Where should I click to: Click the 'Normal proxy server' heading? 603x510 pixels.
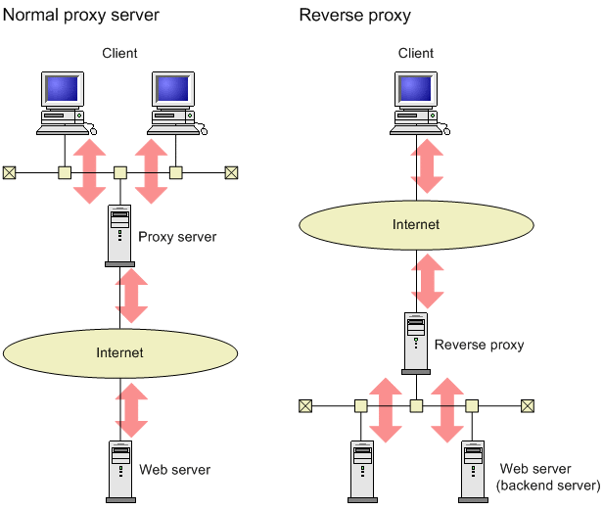tap(81, 16)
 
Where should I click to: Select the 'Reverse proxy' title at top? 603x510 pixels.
tap(354, 16)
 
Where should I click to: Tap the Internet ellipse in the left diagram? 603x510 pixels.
tap(119, 352)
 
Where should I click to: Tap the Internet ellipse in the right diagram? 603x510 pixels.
tap(416, 224)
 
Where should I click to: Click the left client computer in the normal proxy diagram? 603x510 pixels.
tap(65, 102)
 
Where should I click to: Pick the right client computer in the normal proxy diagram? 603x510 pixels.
tap(177, 102)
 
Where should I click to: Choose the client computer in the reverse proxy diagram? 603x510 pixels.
tap(416, 102)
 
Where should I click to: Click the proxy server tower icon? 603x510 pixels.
tap(119, 236)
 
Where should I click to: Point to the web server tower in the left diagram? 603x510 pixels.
tap(119, 471)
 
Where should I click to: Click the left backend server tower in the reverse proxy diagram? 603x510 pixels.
tap(361, 471)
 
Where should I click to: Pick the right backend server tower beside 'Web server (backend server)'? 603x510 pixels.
tap(474, 471)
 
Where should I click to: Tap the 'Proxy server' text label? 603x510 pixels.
tap(177, 237)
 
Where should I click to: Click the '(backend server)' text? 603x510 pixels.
tap(548, 486)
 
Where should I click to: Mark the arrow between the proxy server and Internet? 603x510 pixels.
tap(132, 297)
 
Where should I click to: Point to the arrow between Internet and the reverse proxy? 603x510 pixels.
tap(429, 281)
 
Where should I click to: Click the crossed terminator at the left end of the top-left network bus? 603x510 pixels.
tap(9, 172)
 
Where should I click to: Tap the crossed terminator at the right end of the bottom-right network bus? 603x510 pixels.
tap(529, 404)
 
